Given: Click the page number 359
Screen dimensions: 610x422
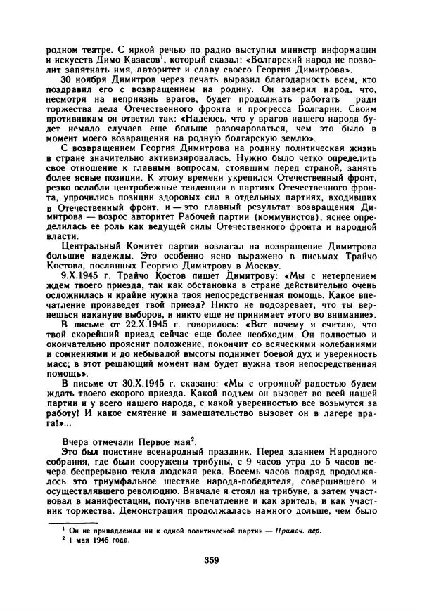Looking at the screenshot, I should click(211, 560).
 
